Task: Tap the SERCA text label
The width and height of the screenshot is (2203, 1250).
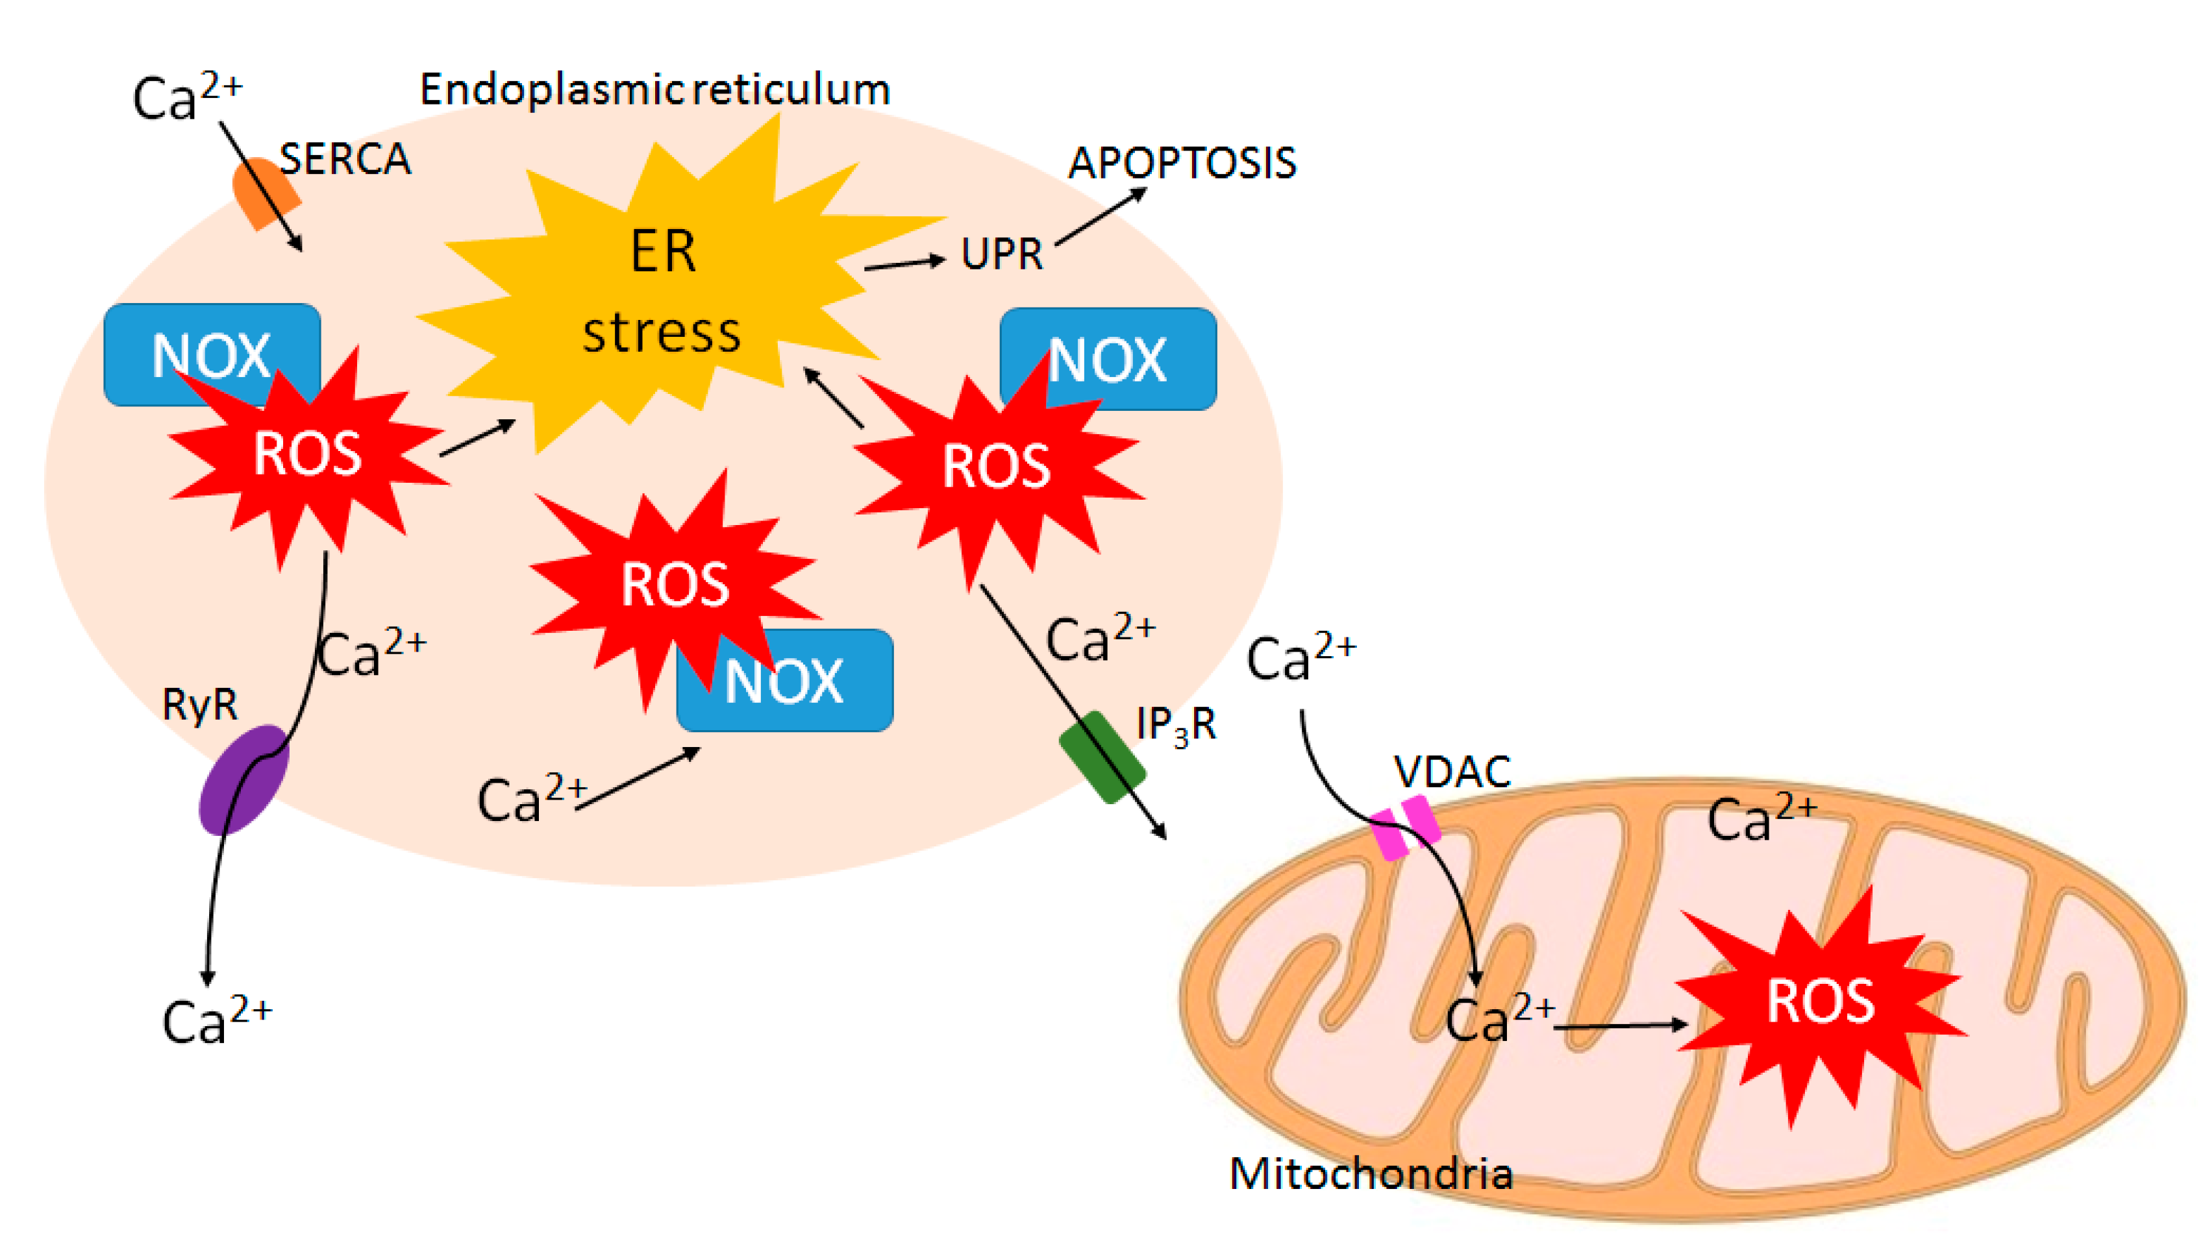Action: coord(345,160)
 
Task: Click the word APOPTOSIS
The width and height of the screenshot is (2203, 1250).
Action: coord(1182,163)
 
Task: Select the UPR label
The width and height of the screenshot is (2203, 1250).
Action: coord(1001,254)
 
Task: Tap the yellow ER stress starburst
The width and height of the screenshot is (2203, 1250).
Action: coord(662,292)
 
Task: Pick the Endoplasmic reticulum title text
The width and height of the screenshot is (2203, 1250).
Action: coord(654,90)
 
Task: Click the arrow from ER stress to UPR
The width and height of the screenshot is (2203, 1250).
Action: coord(904,263)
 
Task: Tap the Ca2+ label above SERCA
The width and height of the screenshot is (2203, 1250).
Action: coord(187,96)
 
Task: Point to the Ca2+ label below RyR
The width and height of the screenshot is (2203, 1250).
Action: coord(216,1020)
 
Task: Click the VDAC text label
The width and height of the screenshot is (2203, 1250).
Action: coord(1452,772)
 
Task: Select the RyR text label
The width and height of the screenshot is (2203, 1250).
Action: coord(199,705)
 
